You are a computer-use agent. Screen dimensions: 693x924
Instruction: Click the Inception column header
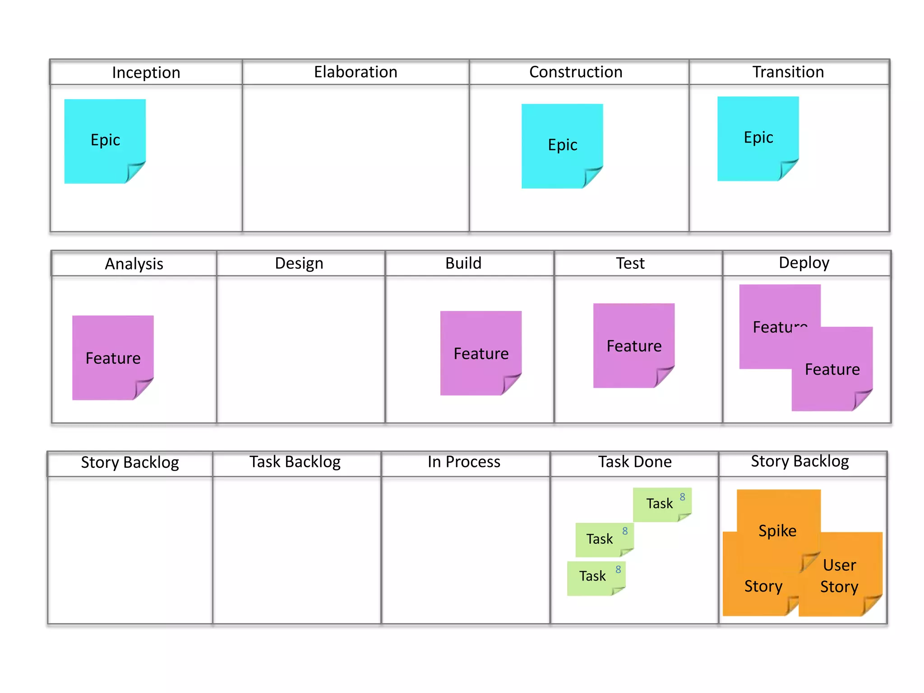pos(146,72)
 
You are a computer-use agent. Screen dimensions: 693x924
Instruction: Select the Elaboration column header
pos(356,72)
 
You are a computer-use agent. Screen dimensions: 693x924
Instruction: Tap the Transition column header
pos(788,72)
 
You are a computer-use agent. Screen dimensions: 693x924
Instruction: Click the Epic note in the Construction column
pos(562,145)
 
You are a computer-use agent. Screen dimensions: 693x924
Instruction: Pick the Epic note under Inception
pos(105,140)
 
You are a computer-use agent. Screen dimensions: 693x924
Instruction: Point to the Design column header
pos(299,263)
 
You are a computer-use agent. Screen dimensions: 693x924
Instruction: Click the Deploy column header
pos(804,263)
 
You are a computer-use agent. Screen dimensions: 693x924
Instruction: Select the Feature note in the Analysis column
pos(113,357)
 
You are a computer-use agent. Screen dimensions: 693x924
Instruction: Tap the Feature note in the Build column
pos(481,353)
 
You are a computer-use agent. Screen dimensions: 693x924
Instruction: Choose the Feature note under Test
pos(634,345)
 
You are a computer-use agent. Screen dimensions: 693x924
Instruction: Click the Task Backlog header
pos(295,462)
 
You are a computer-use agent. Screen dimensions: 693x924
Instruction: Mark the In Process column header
pos(464,462)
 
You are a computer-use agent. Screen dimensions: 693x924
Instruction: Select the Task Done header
pos(635,462)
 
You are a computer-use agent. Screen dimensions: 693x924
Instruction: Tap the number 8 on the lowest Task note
pos(618,569)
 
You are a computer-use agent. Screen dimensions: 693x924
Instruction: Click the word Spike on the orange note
pos(777,531)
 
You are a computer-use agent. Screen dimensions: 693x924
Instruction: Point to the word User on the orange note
pos(839,565)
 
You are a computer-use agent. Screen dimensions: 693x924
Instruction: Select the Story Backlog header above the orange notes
pos(799,462)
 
